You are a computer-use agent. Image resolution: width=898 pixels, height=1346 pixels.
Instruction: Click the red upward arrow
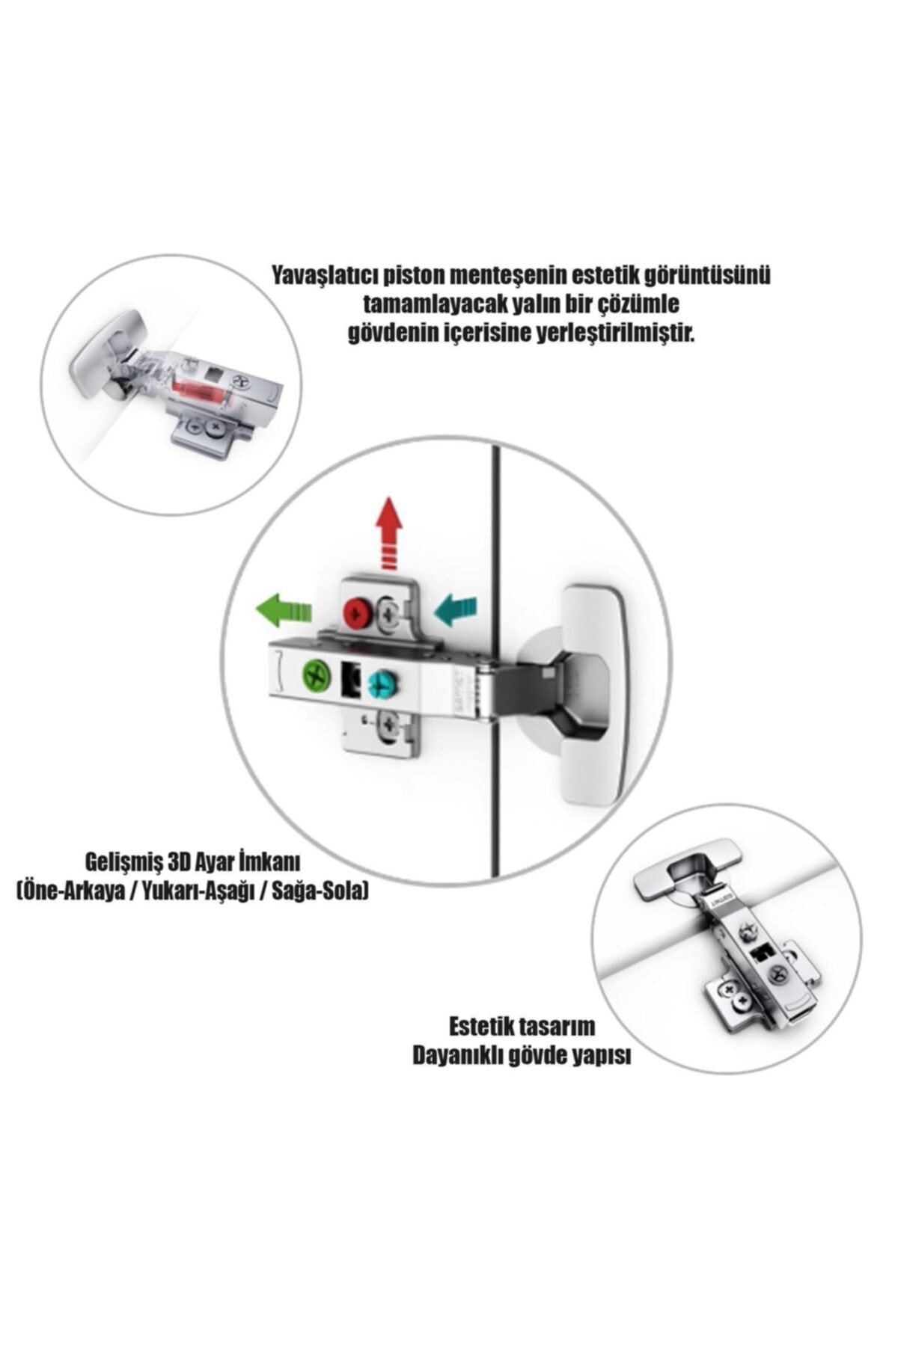tap(388, 532)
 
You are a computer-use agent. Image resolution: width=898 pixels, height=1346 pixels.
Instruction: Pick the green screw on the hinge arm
tap(317, 676)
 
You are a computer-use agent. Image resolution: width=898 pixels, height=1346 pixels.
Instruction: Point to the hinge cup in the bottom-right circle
tap(687, 871)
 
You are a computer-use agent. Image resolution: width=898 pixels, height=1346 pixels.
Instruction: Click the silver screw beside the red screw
tap(391, 613)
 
